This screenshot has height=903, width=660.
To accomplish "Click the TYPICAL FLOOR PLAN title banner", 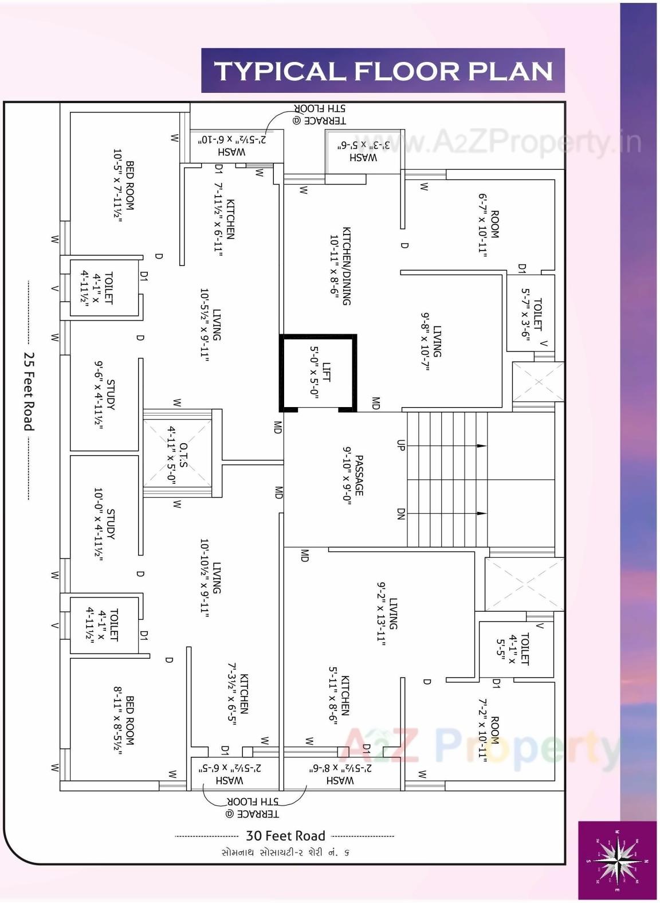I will [383, 71].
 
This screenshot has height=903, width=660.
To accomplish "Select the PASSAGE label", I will [353, 475].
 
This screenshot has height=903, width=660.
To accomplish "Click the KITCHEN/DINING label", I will [340, 265].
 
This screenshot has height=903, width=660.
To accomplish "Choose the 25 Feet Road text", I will [29, 391].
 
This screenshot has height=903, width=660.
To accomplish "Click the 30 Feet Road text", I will [285, 835].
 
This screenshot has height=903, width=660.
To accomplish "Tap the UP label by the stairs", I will [400, 445].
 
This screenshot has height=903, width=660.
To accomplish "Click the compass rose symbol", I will [617, 860].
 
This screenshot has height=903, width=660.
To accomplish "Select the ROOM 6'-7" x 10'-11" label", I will [489, 224].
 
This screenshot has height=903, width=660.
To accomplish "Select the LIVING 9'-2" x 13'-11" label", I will [387, 613].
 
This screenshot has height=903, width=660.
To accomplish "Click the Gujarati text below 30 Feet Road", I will [285, 853].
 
